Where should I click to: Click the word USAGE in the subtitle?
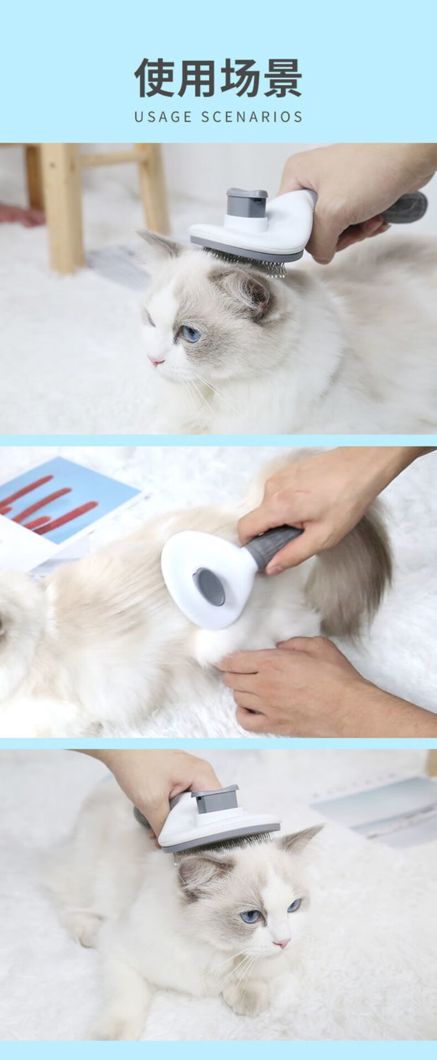coord(163,117)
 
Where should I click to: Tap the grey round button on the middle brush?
coord(209,586)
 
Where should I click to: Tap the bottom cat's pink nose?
coord(282,941)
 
